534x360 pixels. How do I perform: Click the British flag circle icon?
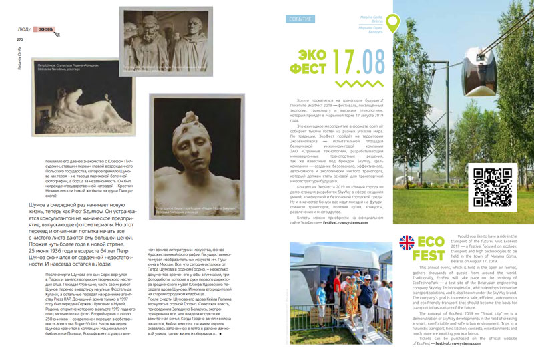[407, 245]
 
